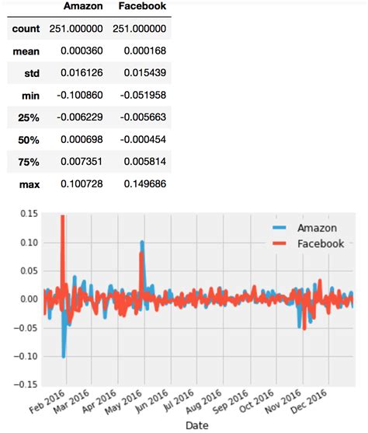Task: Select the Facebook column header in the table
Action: point(141,7)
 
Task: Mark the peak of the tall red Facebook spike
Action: point(62,216)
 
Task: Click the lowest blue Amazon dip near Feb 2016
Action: point(64,356)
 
